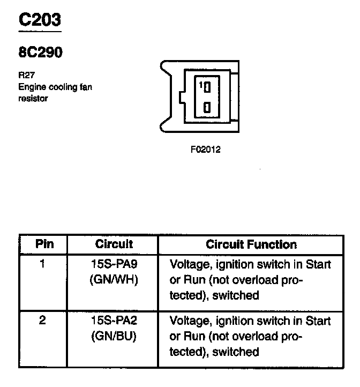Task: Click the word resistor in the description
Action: click(x=33, y=98)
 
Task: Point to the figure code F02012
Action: click(x=205, y=150)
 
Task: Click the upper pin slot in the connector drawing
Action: click(x=207, y=86)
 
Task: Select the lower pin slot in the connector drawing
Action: click(x=207, y=106)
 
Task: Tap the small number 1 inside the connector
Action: click(x=200, y=85)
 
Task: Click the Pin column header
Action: click(x=44, y=244)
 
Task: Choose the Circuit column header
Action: click(x=114, y=244)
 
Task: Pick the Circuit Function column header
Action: click(x=251, y=245)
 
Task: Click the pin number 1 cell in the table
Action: click(x=42, y=264)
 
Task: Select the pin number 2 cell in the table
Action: click(x=42, y=321)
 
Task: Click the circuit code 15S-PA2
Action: click(x=114, y=321)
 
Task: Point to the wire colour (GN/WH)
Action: click(x=114, y=279)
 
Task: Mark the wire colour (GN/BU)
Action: click(x=114, y=337)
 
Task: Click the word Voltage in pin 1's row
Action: click(x=190, y=264)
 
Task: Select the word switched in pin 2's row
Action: click(x=236, y=352)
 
